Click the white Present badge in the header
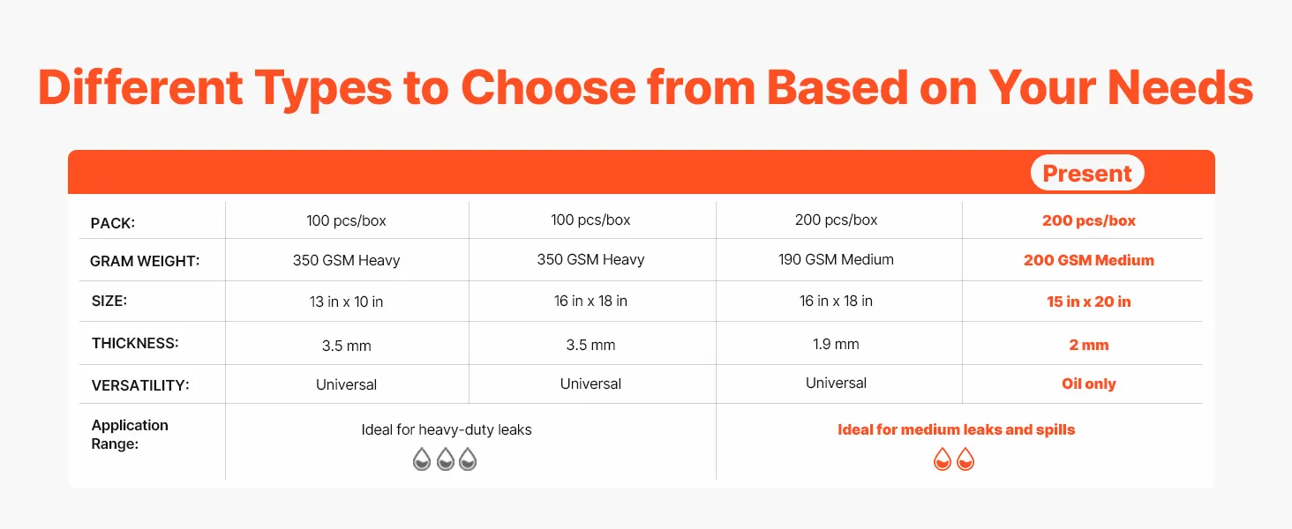tap(1087, 172)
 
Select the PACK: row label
tap(112, 223)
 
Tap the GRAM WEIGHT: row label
tap(145, 261)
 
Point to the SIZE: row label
tap(109, 301)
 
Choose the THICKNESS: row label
tap(135, 344)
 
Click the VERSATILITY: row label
tap(140, 385)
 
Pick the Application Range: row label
tap(130, 435)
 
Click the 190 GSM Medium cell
tap(836, 259)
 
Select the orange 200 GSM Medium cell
tap(1088, 260)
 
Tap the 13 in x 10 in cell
tap(346, 302)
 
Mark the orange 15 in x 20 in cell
tap(1088, 302)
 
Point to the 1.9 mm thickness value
tap(836, 344)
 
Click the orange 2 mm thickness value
tap(1088, 345)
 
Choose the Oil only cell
tap(1088, 384)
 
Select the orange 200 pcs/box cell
tap(1088, 220)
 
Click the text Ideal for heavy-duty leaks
tap(447, 430)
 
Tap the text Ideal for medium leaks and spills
tap(956, 429)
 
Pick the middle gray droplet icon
tap(446, 459)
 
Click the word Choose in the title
tap(548, 87)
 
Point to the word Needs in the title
tap(1180, 87)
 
